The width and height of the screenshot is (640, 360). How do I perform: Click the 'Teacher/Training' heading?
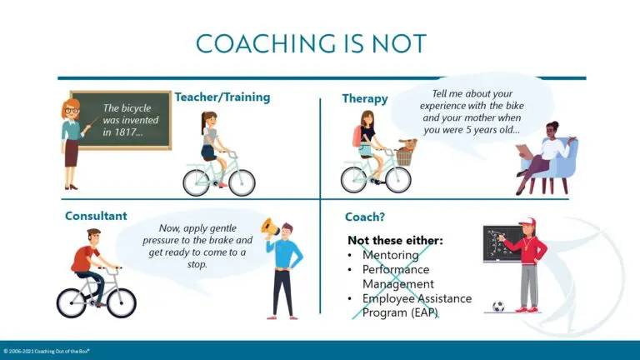point(222,97)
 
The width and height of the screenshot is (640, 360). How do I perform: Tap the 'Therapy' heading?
point(365,99)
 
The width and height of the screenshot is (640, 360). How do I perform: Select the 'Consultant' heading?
point(96,216)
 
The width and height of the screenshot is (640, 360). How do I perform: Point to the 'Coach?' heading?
point(365,217)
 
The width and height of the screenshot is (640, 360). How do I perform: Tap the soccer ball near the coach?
point(498,306)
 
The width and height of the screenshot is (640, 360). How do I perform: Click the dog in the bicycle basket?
point(407,145)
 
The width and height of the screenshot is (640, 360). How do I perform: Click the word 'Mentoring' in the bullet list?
point(390,255)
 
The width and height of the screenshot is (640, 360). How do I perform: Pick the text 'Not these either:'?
point(395,240)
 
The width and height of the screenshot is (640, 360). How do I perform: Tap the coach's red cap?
point(527,222)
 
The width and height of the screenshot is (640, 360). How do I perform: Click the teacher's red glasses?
point(72,111)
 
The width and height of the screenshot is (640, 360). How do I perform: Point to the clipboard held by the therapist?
point(524,152)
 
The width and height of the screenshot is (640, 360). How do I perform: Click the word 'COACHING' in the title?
point(263,44)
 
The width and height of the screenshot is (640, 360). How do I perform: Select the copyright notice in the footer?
point(46,351)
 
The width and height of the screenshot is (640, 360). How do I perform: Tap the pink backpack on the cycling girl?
point(357,137)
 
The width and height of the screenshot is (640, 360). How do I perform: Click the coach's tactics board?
point(502,243)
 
